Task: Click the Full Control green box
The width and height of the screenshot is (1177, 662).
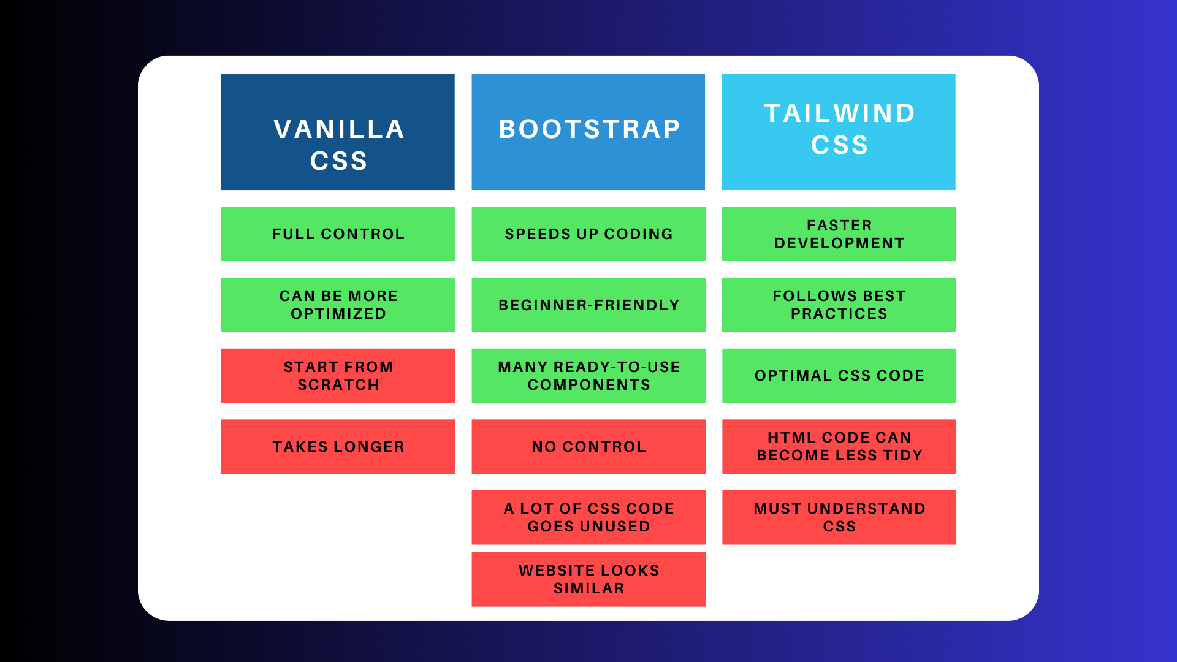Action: click(x=338, y=234)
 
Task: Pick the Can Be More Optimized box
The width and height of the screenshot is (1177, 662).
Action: click(x=338, y=305)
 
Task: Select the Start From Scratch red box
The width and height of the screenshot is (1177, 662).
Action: click(x=338, y=376)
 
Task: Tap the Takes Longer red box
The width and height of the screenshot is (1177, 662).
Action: click(x=338, y=446)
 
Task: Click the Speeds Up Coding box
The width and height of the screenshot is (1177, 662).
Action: click(x=588, y=234)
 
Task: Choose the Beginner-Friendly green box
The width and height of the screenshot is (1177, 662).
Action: click(x=588, y=305)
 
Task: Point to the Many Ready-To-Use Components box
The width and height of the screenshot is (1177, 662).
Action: click(x=588, y=376)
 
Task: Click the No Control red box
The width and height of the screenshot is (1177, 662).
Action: click(x=588, y=446)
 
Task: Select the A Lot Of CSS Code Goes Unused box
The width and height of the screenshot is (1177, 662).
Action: click(x=588, y=517)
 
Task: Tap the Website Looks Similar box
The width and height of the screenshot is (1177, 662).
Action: click(x=588, y=579)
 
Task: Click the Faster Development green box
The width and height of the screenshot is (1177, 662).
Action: click(x=839, y=234)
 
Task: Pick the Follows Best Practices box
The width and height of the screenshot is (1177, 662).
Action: click(x=839, y=305)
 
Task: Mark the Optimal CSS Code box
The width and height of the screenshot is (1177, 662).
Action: click(x=839, y=376)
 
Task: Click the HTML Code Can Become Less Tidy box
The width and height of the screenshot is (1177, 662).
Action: click(x=839, y=446)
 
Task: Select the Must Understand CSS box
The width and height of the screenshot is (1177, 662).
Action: click(x=839, y=517)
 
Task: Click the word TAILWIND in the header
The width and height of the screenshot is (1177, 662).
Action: click(x=839, y=113)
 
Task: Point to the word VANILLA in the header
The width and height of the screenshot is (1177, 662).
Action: click(x=339, y=129)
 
